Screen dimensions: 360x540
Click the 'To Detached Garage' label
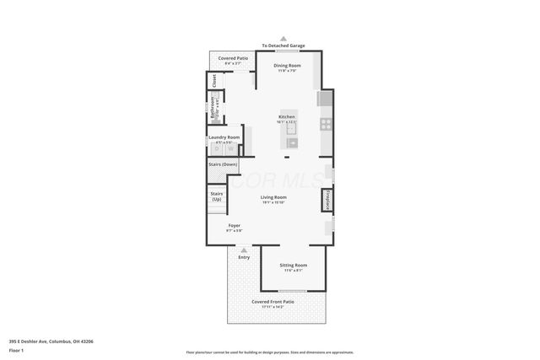coord(283,46)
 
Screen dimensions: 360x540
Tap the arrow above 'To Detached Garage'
coord(283,39)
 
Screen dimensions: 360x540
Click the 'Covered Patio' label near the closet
coord(232,58)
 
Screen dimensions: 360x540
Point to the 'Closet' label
coord(214,80)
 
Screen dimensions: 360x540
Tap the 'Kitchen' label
coord(288,116)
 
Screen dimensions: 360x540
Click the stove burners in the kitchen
coord(325,123)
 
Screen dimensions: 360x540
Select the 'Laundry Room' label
coord(224,137)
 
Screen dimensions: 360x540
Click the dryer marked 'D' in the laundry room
coord(216,149)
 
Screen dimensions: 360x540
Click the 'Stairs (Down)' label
coord(223,164)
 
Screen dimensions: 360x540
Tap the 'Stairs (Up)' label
coord(216,196)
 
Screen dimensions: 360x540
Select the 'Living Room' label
coord(273,197)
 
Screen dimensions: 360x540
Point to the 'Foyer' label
coord(235,225)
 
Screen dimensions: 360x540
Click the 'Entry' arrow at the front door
coord(244,251)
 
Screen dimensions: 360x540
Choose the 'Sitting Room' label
coord(294,266)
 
